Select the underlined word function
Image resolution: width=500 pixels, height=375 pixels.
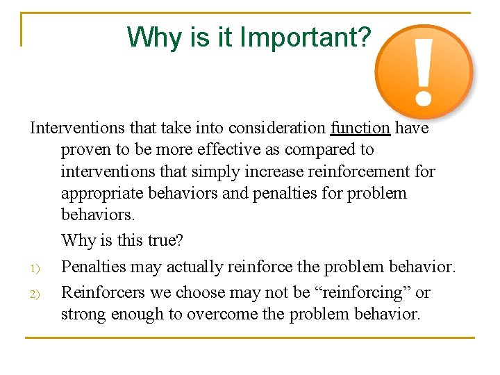360,128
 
